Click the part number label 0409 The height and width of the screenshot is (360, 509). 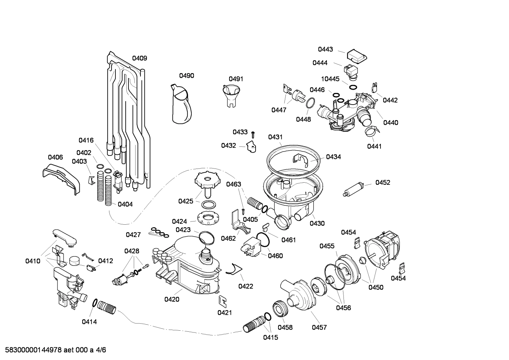coord(139,58)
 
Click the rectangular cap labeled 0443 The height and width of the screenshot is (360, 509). coord(356,55)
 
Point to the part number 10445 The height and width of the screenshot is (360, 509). coord(330,79)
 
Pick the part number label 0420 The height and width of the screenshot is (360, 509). coord(172,300)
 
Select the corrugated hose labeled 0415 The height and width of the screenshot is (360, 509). coord(253,324)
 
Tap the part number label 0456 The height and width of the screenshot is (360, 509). coord(343,308)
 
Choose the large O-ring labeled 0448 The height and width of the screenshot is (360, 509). coord(310,103)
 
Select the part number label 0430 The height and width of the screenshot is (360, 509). coord(317,223)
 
